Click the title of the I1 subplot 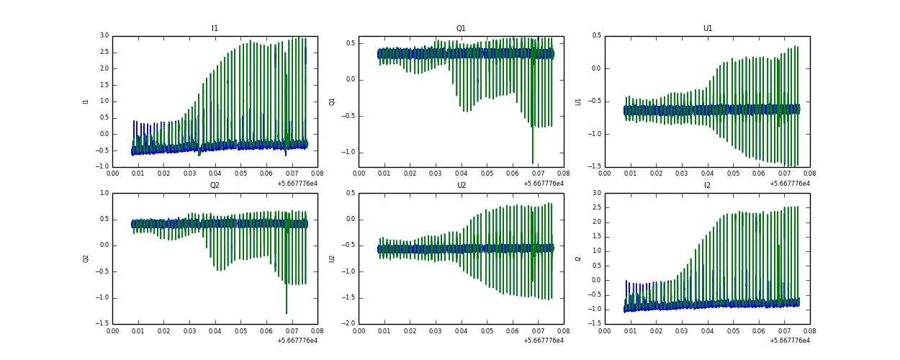click(x=215, y=29)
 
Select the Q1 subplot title click(x=461, y=29)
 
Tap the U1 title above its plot click(x=707, y=29)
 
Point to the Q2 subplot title click(x=215, y=186)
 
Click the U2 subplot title click(x=461, y=186)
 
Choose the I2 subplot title click(x=707, y=186)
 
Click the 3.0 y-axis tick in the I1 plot click(x=104, y=36)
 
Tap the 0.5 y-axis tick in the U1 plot click(x=596, y=36)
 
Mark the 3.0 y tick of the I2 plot click(x=596, y=193)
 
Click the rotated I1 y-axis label click(x=86, y=102)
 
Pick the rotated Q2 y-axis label click(x=86, y=258)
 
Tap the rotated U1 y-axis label click(x=578, y=102)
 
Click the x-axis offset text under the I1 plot click(x=297, y=184)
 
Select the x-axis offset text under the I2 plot click(x=789, y=341)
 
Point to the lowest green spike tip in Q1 click(x=533, y=163)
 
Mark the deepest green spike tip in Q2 click(x=287, y=313)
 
